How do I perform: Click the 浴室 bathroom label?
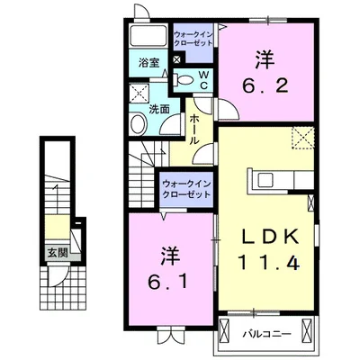149,63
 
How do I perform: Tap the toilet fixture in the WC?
183,79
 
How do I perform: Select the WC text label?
203,80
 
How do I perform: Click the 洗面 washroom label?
159,110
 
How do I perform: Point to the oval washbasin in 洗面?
139,123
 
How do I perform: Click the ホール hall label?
193,130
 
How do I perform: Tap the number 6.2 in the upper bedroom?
265,74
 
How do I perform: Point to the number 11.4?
268,262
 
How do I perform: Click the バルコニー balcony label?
266,334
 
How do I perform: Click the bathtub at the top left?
148,36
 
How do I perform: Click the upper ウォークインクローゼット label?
193,39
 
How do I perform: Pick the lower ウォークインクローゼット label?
186,189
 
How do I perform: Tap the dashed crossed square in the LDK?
302,138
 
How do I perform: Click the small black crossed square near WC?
177,59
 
